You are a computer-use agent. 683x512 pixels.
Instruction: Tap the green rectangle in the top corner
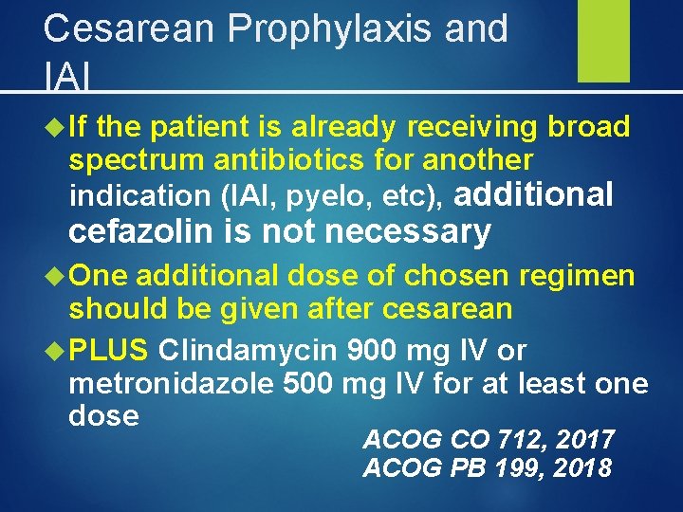(x=604, y=41)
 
